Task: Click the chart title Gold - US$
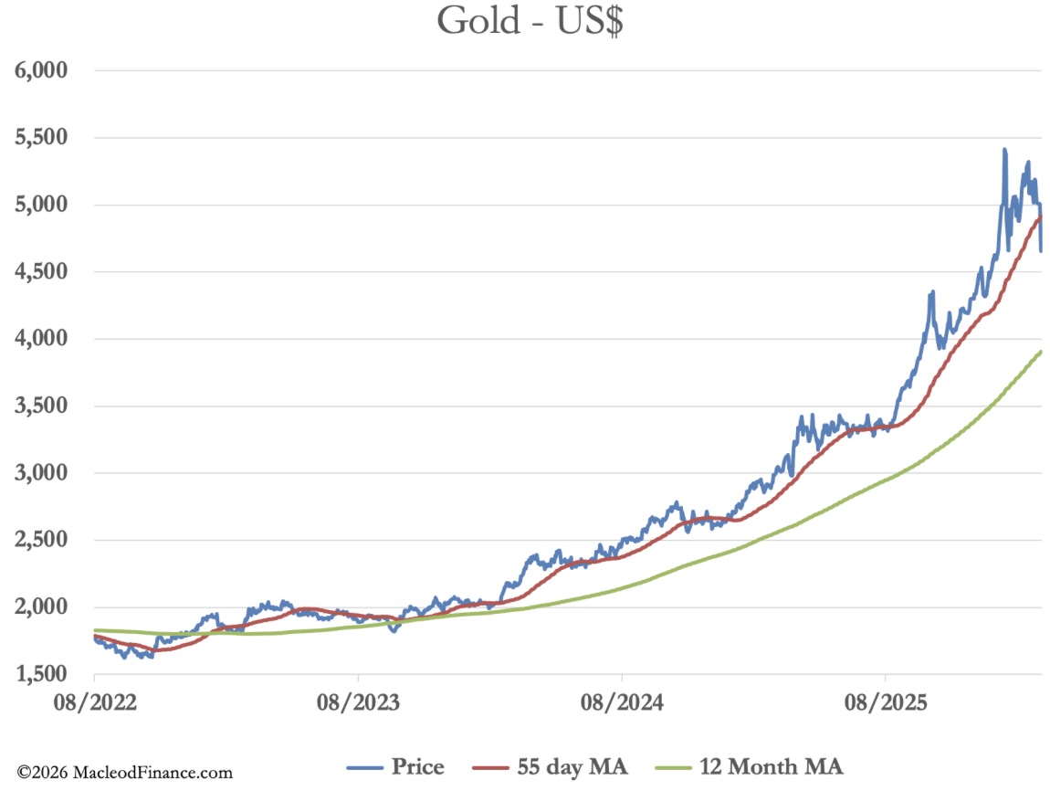click(x=530, y=21)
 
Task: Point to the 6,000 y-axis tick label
click(x=44, y=71)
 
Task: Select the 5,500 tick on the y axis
click(x=44, y=139)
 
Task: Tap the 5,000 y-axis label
click(x=44, y=206)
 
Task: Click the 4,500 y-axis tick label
click(x=44, y=272)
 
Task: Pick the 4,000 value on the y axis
click(x=44, y=340)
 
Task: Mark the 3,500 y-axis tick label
click(x=44, y=406)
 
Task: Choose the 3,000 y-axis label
click(x=44, y=473)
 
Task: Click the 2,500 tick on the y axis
click(x=44, y=541)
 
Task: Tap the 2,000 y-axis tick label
click(x=44, y=607)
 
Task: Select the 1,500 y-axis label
click(x=44, y=675)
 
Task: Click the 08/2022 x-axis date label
click(x=95, y=703)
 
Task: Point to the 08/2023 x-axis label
click(x=358, y=703)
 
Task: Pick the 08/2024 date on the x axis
click(x=622, y=703)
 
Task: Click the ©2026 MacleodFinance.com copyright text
click(x=125, y=773)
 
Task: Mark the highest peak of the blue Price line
click(x=1004, y=149)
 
